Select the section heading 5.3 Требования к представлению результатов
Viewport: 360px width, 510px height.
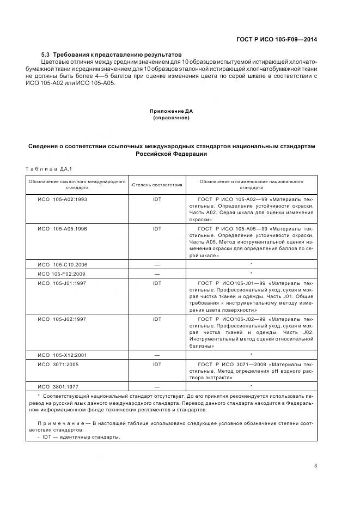point(112,55)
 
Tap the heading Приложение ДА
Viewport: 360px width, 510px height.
point(172,111)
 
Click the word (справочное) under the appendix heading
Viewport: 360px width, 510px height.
point(172,118)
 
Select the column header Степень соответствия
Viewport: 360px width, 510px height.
point(157,185)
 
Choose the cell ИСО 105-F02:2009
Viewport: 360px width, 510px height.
point(61,274)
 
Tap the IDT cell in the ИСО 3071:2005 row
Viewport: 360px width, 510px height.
point(157,364)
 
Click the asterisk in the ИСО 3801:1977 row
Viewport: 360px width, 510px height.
point(251,386)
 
